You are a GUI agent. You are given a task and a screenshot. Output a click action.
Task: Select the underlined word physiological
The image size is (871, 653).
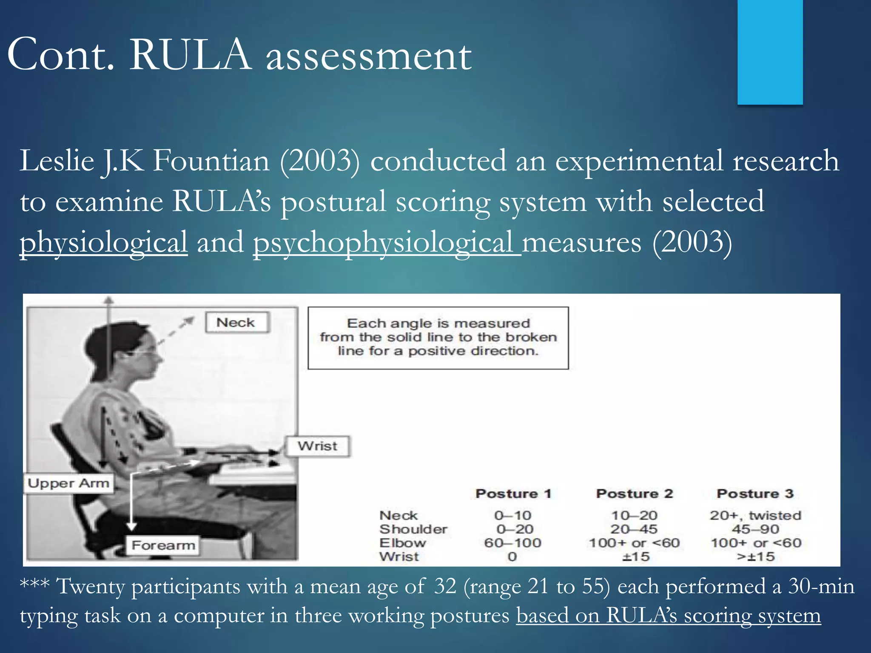tap(103, 242)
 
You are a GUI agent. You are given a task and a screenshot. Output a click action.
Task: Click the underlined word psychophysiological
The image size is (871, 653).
tap(386, 242)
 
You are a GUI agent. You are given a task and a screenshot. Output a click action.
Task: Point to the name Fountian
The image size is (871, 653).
tap(211, 161)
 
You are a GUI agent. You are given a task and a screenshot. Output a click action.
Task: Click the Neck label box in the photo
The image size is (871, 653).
tap(236, 322)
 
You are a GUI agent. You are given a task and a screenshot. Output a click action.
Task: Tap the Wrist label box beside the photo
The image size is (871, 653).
tap(318, 446)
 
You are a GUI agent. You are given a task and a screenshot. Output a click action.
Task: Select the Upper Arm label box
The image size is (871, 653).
tap(68, 483)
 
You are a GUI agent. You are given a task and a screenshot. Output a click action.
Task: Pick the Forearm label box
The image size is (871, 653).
tap(163, 545)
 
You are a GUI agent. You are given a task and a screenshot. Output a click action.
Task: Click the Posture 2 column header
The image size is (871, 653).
tap(634, 494)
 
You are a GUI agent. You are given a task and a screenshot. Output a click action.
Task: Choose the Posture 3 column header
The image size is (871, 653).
tap(755, 494)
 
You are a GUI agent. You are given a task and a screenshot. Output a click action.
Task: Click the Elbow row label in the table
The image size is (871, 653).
tap(402, 543)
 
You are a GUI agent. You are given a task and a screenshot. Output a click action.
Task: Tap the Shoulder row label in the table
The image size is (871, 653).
tap(413, 529)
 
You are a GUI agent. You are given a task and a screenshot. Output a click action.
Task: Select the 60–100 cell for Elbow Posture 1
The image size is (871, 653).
tap(512, 543)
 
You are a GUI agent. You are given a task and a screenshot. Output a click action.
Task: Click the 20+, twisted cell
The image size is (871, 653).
tap(755, 515)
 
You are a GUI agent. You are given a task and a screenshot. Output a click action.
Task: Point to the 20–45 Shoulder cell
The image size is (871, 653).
tap(634, 529)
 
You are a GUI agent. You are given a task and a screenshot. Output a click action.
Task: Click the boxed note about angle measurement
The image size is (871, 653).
tap(438, 338)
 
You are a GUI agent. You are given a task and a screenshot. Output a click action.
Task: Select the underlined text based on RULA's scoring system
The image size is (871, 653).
tap(668, 616)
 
